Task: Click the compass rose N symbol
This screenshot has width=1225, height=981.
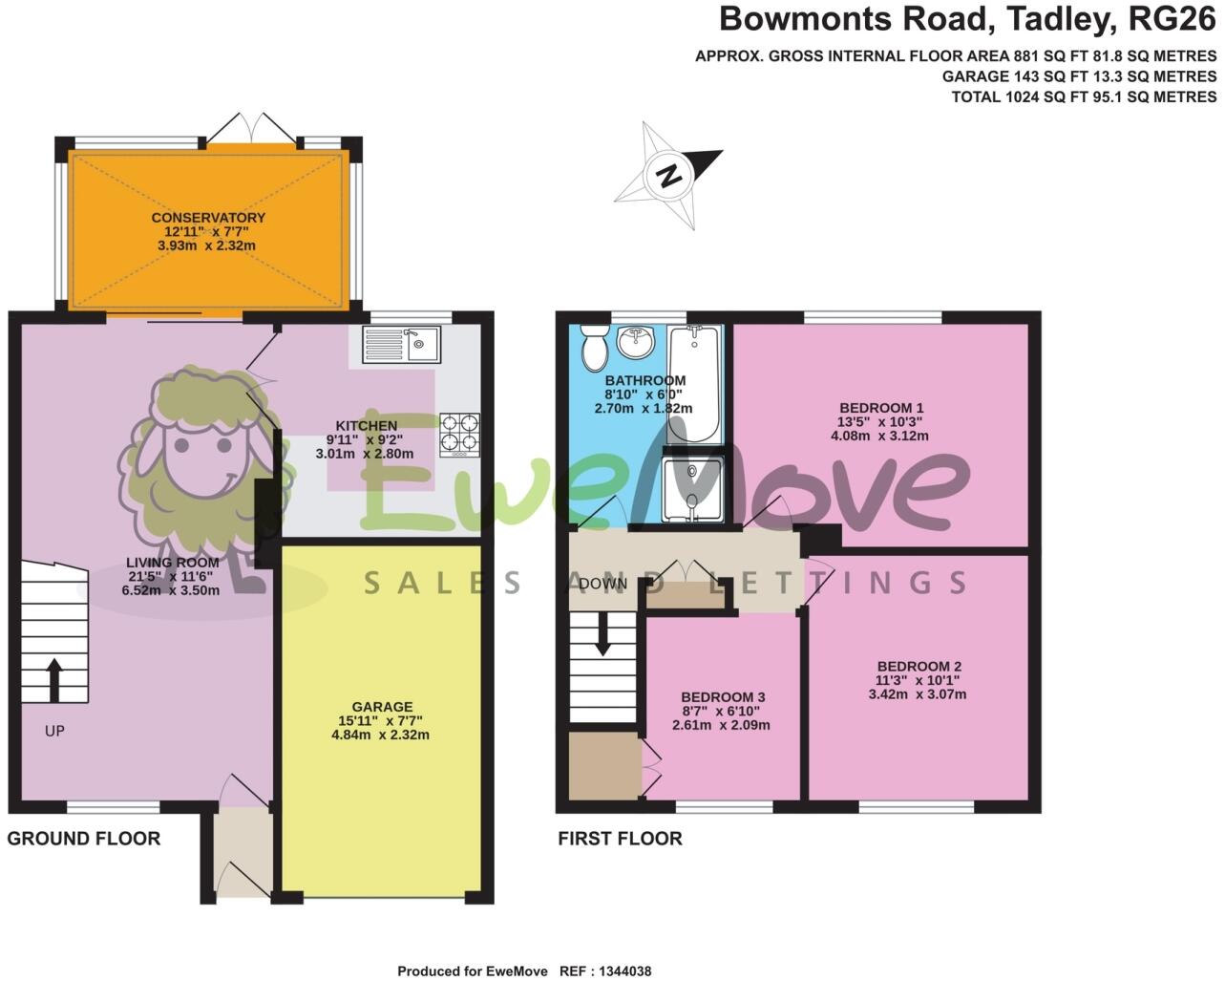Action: tap(670, 176)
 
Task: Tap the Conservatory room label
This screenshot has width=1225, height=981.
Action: tap(208, 218)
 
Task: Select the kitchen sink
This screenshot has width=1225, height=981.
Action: tap(401, 344)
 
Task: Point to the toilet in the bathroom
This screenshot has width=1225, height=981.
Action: tap(595, 346)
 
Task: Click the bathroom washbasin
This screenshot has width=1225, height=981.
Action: tap(635, 339)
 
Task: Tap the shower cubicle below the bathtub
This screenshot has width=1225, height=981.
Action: tap(692, 489)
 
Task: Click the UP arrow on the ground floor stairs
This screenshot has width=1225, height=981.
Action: tap(53, 679)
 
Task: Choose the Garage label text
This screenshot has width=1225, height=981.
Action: tap(382, 708)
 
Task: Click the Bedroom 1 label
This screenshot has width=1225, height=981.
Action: tap(879, 408)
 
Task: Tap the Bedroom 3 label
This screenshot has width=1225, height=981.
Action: tap(722, 697)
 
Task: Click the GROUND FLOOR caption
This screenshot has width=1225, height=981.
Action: tap(84, 839)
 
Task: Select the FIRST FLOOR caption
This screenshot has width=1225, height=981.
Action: tap(620, 839)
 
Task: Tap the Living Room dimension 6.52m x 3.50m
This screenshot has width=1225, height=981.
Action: tap(170, 590)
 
